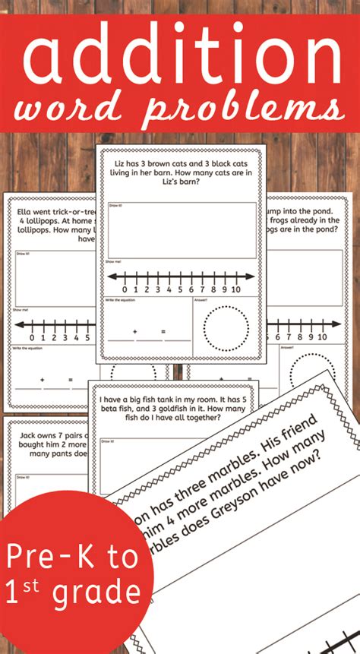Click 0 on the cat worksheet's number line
tap(125, 290)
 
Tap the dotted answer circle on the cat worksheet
tap(226, 326)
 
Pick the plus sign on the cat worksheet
tap(134, 331)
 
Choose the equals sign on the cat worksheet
tap(162, 331)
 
